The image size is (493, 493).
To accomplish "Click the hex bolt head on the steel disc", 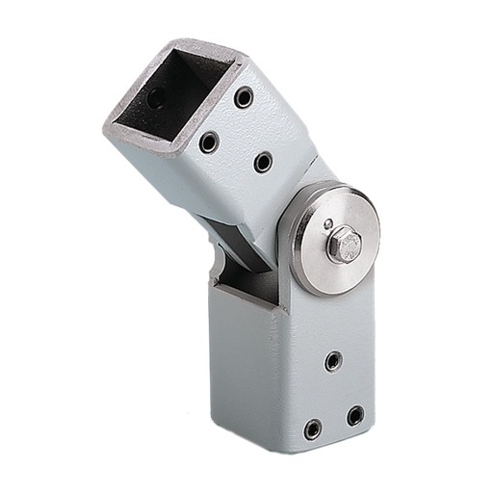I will [x=344, y=245].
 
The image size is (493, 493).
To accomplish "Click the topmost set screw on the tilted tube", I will [x=244, y=97].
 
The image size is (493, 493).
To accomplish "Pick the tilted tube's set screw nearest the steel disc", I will [x=263, y=162].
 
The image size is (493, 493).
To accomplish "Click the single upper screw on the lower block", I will [x=332, y=361].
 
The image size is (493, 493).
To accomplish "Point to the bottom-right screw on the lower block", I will [x=355, y=415].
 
